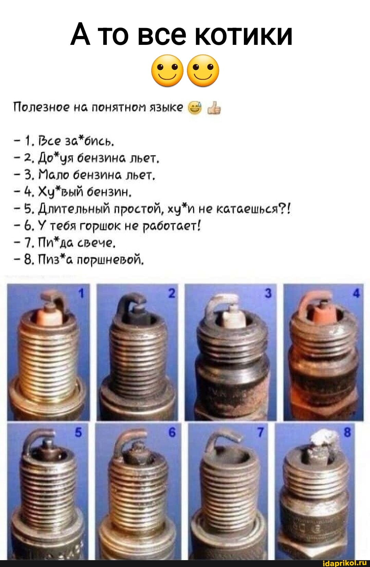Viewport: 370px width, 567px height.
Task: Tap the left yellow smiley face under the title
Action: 167,71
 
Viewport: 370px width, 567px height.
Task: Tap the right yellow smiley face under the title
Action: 203,71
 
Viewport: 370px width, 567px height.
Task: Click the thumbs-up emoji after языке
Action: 214,108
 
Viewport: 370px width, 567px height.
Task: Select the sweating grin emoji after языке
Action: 195,108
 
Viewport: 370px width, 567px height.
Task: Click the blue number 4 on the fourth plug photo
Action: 356,293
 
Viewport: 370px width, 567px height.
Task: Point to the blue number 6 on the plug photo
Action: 172,432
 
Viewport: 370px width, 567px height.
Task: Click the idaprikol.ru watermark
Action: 345,563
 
